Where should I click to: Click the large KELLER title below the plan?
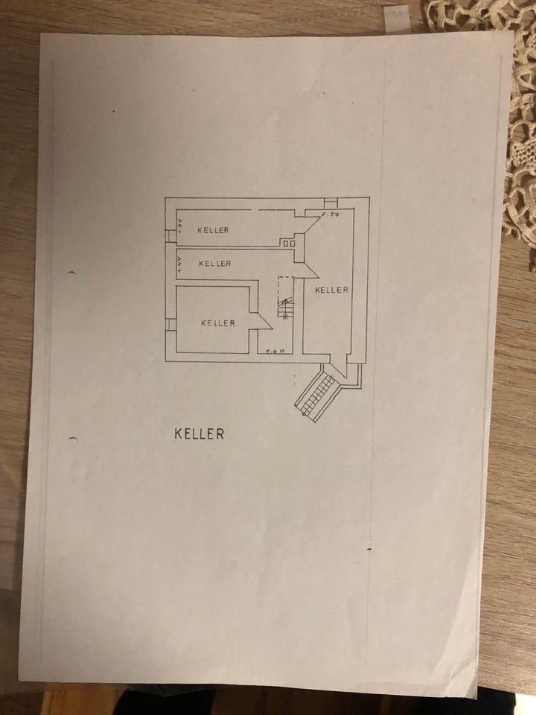199,433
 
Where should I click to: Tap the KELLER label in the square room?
218,322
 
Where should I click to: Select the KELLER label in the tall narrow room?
331,289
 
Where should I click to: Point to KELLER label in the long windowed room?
213,230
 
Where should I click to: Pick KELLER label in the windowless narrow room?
214,263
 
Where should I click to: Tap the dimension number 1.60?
275,349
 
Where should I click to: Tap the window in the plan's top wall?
331,202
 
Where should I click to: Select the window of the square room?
170,323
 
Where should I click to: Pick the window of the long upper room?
170,236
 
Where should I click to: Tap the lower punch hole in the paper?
73,438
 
